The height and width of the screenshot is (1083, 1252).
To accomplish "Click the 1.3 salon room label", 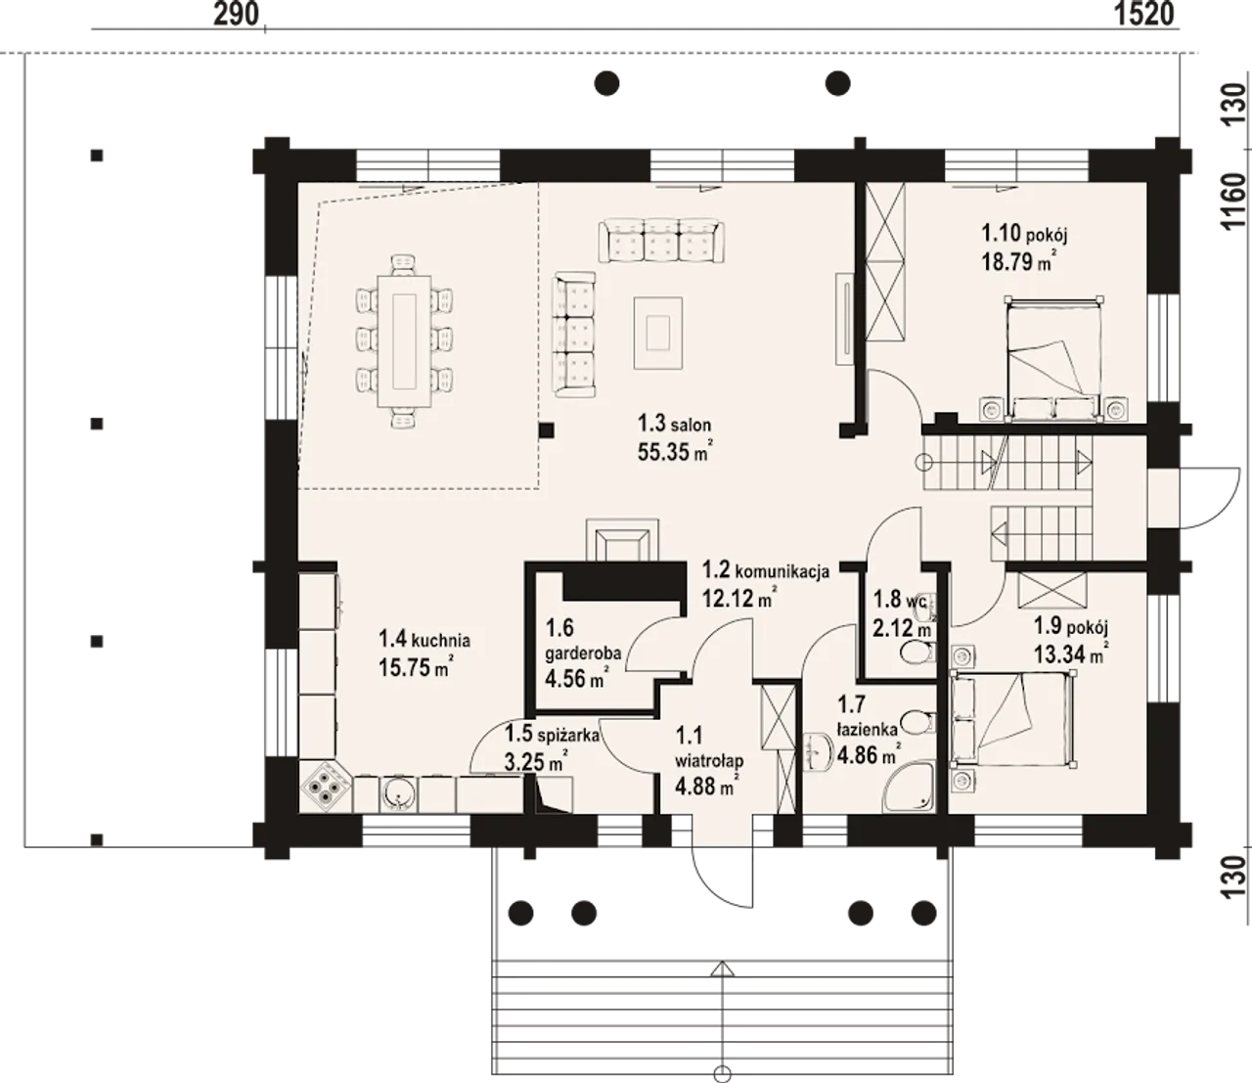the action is pos(674,424).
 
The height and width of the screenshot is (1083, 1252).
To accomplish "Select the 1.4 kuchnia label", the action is pos(424,640).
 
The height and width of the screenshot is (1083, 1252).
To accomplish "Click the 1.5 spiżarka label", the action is pos(552,735).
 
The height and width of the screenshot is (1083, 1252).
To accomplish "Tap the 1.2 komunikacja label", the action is pos(766,570).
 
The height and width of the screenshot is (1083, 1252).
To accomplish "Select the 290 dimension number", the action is pos(237,14).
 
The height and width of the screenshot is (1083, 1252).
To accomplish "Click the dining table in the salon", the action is pos(405,341).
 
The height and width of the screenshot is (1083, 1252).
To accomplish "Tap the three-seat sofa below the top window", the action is pos(661,242).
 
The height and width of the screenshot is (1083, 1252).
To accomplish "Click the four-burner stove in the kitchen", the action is pos(326,786).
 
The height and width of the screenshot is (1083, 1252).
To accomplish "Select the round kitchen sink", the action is pos(398,793).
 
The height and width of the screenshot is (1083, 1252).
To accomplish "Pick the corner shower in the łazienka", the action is pos(909,786).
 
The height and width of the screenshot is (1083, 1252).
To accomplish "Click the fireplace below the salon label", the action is pos(621,539).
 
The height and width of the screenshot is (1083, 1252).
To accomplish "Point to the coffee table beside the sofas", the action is pos(658,333).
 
